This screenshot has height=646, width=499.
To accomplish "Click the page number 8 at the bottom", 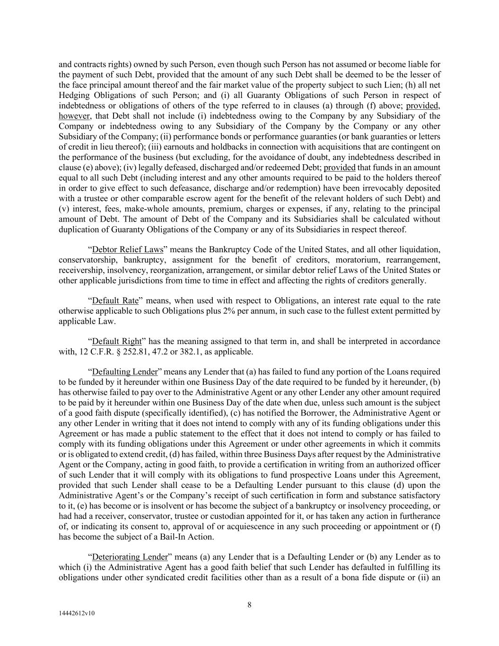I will [249, 604].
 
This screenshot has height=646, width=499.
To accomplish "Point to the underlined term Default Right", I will [117, 341].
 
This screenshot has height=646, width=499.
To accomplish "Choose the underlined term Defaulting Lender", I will [125, 372].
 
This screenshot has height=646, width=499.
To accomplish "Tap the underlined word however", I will [74, 116].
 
